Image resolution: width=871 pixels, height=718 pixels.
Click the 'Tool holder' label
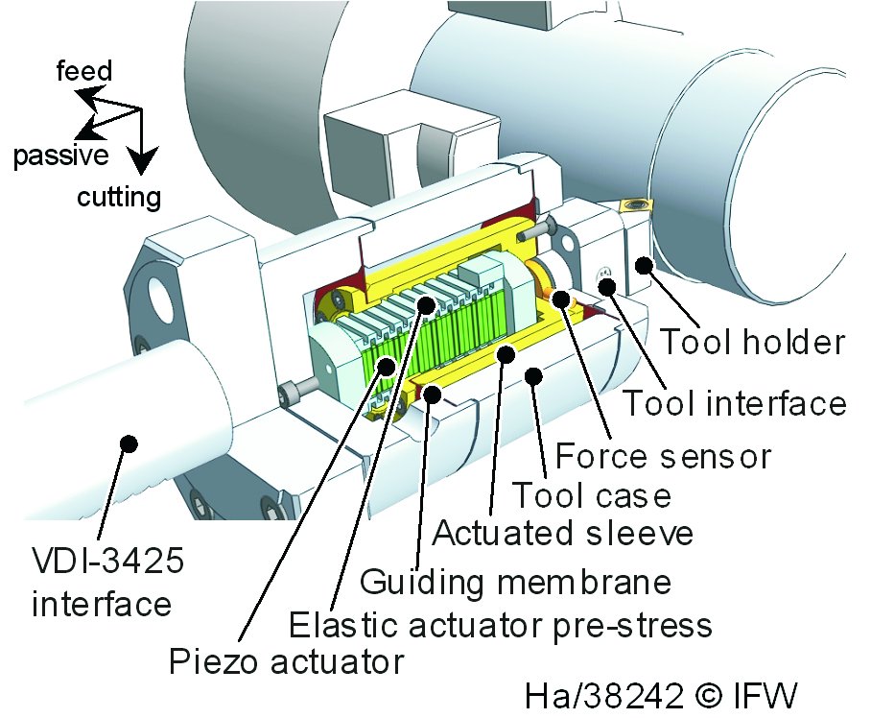tap(753, 342)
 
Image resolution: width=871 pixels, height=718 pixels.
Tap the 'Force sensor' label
tap(663, 454)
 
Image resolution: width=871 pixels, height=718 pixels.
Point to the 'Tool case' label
tap(590, 495)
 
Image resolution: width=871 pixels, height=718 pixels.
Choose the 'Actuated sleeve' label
tap(562, 532)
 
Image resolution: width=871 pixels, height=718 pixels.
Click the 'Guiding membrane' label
tap(515, 581)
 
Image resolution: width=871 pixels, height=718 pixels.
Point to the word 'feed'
tap(84, 70)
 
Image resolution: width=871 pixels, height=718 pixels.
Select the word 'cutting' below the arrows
tap(119, 198)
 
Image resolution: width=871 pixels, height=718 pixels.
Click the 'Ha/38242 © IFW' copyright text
tap(662, 692)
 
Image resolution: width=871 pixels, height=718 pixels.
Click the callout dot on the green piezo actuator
tap(386, 365)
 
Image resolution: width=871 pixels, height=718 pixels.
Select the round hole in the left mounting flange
tap(159, 299)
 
